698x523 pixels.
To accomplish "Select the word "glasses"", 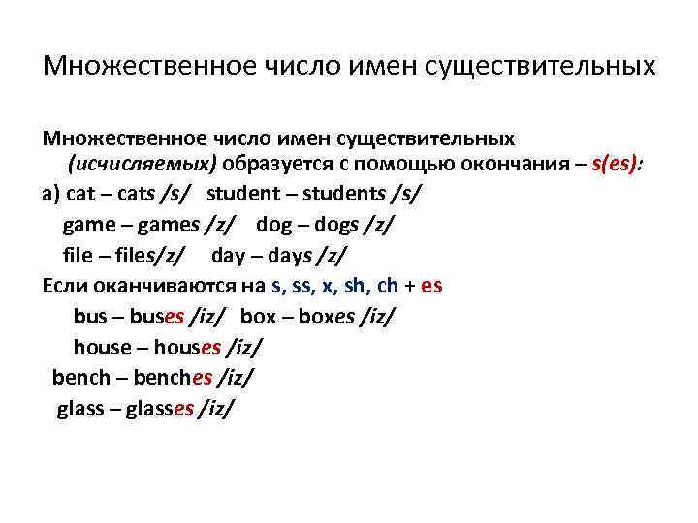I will click(161, 409).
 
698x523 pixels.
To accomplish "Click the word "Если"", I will click(67, 287).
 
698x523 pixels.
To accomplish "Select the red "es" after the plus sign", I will click(432, 287).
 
